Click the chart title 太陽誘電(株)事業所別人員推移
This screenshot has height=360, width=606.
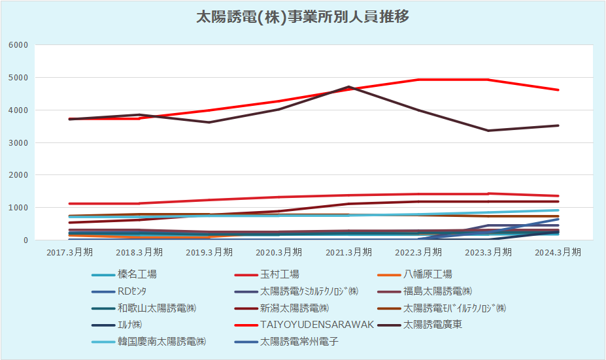(x=303, y=18)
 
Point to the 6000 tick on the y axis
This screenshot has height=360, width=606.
(x=18, y=45)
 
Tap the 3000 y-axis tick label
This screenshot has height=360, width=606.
(x=18, y=142)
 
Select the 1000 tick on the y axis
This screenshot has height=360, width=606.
(x=18, y=208)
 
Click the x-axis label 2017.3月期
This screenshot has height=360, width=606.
(x=70, y=252)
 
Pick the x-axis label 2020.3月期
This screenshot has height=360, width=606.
(x=279, y=252)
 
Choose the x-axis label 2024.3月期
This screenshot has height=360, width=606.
(x=558, y=252)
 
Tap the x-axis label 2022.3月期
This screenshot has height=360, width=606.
(x=418, y=252)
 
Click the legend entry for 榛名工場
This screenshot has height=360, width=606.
(x=137, y=274)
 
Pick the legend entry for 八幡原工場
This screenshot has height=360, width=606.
(x=428, y=274)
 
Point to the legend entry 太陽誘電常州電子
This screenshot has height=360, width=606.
(x=299, y=341)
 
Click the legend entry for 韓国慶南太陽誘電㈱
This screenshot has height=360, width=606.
(x=162, y=341)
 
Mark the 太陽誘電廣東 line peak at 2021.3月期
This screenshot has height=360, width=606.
(x=349, y=86)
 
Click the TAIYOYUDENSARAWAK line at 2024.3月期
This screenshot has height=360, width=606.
(x=558, y=90)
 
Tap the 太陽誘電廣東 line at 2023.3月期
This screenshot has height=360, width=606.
(x=488, y=131)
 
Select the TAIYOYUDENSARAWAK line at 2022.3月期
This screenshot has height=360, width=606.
(x=418, y=80)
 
